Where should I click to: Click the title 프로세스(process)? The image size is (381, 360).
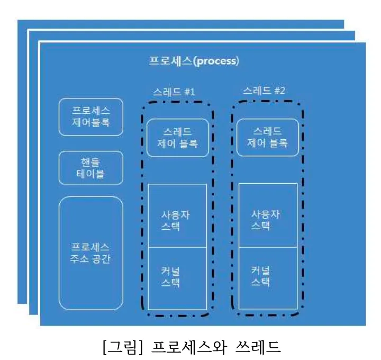click(193, 61)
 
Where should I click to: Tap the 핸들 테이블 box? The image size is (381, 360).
click(90, 167)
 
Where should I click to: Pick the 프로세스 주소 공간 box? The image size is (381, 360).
click(90, 253)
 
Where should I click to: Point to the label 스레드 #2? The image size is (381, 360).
click(264, 91)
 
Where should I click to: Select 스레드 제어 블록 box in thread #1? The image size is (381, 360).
click(177, 138)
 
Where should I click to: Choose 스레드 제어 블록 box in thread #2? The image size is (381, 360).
click(268, 138)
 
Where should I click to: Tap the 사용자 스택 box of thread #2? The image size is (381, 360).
click(268, 215)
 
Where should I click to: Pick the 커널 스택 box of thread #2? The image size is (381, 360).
click(268, 278)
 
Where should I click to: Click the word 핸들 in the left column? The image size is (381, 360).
click(90, 162)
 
